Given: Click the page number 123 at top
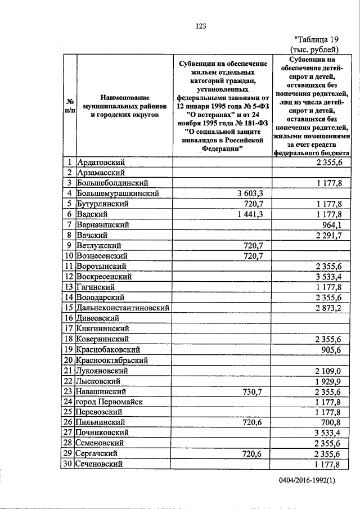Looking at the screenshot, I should (201, 26).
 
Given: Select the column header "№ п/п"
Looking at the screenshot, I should (70, 106).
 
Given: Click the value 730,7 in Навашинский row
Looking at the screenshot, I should (253, 391).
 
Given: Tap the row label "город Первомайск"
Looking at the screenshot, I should (109, 402).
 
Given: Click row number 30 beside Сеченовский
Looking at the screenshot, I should (69, 464).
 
